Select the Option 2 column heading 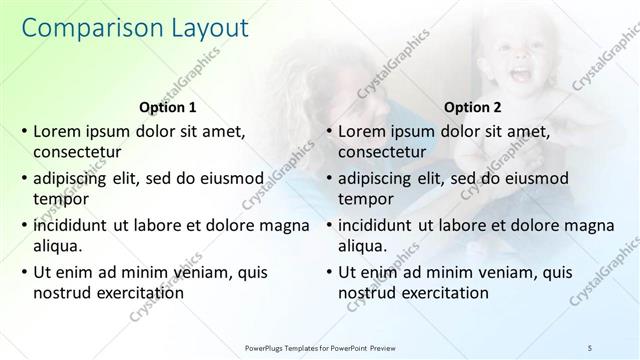(473, 107)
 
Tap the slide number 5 (590, 347)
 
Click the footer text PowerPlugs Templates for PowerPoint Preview (320, 347)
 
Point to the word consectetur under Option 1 (78, 153)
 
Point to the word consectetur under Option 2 (382, 153)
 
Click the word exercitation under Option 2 (441, 292)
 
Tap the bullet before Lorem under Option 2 (328, 131)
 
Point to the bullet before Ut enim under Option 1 (24, 271)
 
